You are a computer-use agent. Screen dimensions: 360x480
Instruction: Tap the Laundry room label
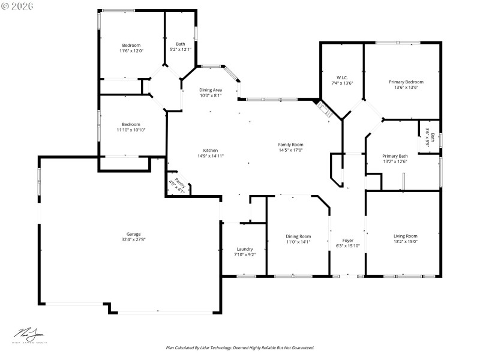(245, 249)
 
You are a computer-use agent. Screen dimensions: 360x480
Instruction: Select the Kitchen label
(210, 151)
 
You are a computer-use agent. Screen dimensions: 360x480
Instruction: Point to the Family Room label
(290, 145)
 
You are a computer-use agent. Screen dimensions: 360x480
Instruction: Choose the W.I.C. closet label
(342, 77)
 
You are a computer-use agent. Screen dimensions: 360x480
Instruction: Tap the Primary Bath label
(395, 156)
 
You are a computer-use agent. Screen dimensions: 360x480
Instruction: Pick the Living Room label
(405, 236)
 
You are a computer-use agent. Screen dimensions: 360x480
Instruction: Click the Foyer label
(347, 240)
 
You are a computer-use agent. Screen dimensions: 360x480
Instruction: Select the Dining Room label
(298, 236)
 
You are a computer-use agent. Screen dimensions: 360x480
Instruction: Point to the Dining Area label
(211, 90)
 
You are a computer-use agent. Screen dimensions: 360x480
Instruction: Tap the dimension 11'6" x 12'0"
(131, 51)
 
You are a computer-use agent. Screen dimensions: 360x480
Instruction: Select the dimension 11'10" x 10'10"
(131, 130)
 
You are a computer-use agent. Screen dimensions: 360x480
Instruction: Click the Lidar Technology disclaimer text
(240, 347)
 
